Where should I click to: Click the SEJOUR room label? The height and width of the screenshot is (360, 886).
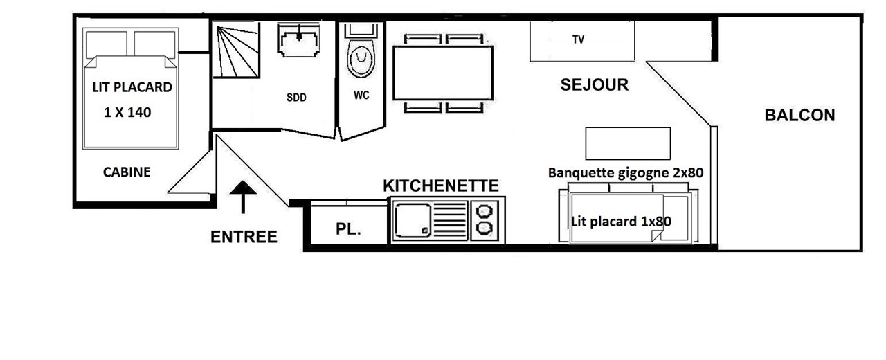click(x=594, y=84)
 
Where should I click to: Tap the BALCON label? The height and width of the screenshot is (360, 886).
click(x=799, y=115)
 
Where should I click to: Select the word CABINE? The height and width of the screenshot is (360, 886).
click(x=127, y=172)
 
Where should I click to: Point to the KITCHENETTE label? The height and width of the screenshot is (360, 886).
click(x=441, y=186)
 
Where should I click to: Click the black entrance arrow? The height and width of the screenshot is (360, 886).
click(x=243, y=197)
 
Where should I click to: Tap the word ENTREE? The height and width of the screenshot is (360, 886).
click(x=244, y=237)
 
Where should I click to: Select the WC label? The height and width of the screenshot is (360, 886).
click(x=361, y=96)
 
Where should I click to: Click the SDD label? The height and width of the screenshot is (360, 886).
click(x=296, y=98)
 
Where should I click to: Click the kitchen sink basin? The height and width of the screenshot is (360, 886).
click(x=413, y=220)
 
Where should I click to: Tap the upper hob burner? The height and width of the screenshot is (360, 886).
click(x=484, y=211)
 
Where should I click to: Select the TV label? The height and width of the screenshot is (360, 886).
click(x=578, y=39)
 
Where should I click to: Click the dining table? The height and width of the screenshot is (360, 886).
click(x=443, y=73)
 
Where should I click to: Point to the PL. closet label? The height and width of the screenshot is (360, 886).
click(x=348, y=228)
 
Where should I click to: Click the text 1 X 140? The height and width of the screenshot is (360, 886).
click(x=127, y=112)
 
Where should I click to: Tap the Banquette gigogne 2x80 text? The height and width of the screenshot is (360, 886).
click(x=626, y=173)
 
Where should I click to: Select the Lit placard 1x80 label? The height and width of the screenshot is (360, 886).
click(x=622, y=222)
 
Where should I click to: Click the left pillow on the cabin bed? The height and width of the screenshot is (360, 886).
click(x=107, y=44)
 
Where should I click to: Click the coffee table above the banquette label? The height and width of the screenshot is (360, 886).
click(x=628, y=143)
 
